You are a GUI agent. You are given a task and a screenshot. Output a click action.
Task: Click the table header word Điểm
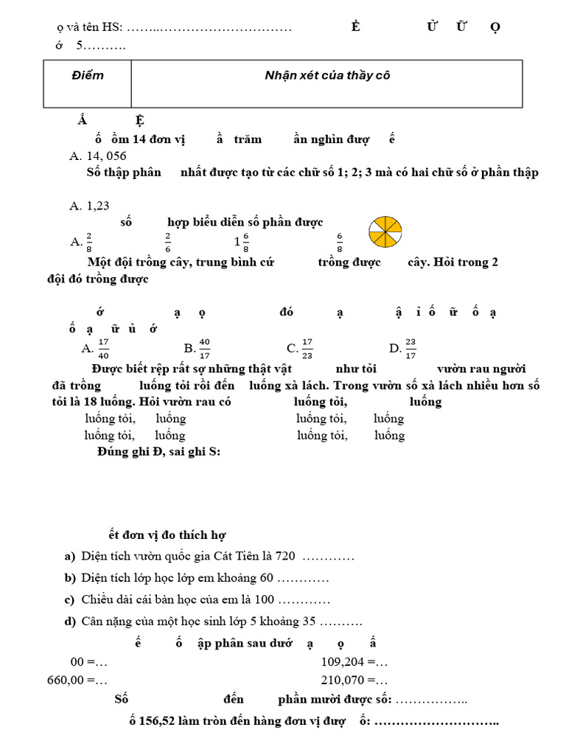[88, 76]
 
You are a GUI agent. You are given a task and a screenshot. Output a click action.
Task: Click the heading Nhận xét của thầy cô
[327, 76]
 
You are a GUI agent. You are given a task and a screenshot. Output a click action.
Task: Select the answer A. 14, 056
[98, 156]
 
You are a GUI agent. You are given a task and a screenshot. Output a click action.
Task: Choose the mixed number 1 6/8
[242, 240]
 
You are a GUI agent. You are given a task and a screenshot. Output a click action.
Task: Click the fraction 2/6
[168, 240]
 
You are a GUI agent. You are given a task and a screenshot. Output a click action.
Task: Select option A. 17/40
[97, 348]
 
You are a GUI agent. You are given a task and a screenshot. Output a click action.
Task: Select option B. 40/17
[198, 348]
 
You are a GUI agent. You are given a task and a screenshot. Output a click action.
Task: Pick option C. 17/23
[301, 348]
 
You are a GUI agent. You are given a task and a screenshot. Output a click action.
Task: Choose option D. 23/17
[403, 348]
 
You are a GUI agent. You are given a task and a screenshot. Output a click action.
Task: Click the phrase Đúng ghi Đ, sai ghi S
[158, 451]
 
